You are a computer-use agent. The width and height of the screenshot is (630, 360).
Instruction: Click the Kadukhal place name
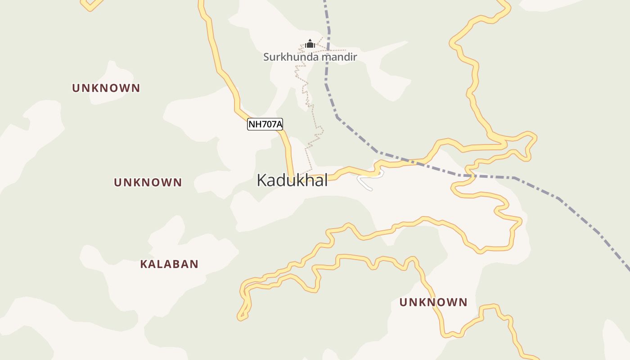point(292,180)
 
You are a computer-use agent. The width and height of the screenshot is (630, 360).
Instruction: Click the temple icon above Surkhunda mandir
point(310,44)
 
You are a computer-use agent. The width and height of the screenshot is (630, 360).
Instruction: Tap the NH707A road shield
point(265,124)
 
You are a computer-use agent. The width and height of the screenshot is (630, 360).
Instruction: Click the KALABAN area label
point(169,264)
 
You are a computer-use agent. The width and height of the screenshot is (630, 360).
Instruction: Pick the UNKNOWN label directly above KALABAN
point(148,182)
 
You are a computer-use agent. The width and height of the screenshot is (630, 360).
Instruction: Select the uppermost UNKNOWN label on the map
point(106,88)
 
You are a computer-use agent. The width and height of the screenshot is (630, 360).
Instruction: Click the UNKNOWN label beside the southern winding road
point(433,302)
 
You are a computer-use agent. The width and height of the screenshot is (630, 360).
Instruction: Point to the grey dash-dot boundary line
point(558,198)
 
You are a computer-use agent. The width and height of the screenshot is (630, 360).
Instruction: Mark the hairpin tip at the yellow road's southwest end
point(240,318)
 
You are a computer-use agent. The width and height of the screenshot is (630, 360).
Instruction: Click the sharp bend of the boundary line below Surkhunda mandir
point(337,117)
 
